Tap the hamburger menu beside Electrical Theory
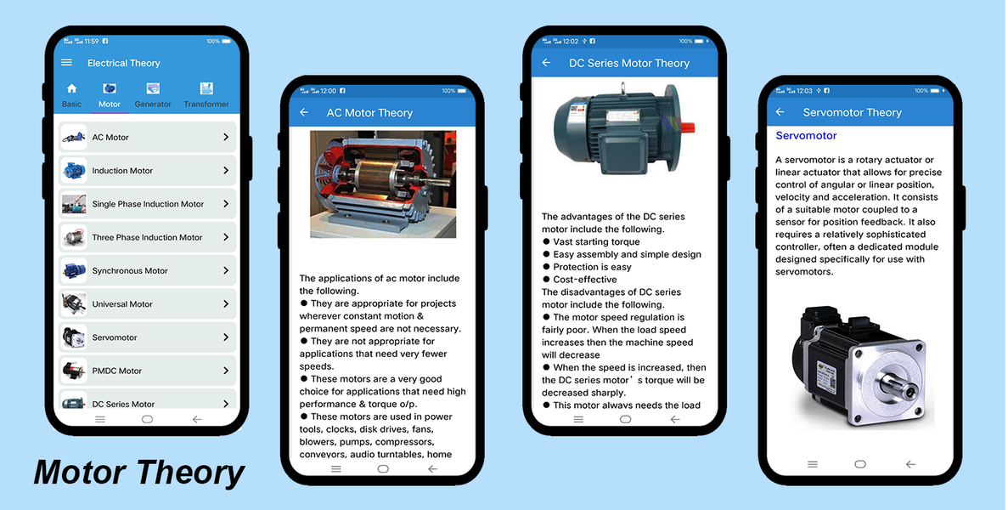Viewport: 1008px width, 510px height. click(x=67, y=62)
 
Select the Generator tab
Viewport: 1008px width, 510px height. click(x=153, y=95)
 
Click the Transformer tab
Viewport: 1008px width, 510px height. click(x=206, y=95)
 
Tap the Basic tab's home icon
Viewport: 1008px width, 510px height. click(x=71, y=88)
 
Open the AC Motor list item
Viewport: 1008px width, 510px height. click(x=147, y=137)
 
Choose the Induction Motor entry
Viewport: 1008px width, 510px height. click(x=147, y=171)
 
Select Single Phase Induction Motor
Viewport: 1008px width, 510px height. click(x=147, y=204)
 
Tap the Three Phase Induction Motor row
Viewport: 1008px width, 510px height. click(x=147, y=237)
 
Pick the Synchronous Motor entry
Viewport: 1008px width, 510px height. click(x=147, y=271)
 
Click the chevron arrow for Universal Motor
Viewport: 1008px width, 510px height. click(x=226, y=303)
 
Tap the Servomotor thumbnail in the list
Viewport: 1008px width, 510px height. click(x=74, y=337)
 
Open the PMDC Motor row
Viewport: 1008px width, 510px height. click(x=147, y=371)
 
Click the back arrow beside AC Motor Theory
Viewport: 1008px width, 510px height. click(x=304, y=112)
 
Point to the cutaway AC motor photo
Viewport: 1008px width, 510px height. click(x=383, y=184)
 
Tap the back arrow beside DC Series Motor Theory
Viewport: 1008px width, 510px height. click(x=546, y=62)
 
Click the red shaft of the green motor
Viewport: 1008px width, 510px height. click(x=686, y=127)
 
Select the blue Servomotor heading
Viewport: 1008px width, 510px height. click(x=806, y=136)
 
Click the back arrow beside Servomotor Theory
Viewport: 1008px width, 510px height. click(x=780, y=112)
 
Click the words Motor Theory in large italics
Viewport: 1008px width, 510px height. click(x=139, y=473)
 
